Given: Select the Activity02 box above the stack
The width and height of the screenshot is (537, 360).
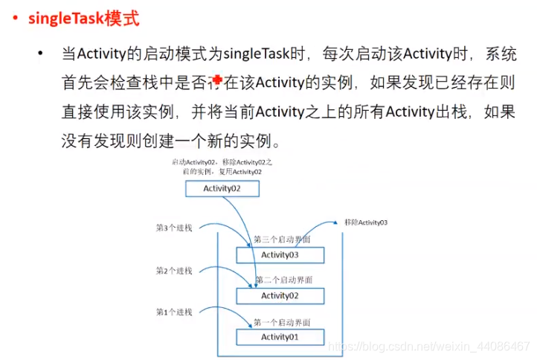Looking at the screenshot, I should pos(222,189).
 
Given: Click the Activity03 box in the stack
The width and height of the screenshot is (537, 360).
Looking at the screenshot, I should pos(280,255).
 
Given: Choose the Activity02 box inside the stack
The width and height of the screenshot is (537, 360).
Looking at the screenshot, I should pos(280,295).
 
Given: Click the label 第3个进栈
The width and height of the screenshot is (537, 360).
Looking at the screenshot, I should pos(174,228).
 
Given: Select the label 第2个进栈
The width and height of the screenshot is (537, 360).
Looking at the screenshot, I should pos(174,271).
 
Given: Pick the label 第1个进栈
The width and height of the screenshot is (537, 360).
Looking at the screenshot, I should pos(174,312).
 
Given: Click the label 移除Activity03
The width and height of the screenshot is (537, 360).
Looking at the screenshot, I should pos(365,222).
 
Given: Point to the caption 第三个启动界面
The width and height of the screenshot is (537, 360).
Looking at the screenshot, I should pos(282,240).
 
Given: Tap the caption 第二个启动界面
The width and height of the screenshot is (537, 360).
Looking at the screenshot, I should pos(283,280).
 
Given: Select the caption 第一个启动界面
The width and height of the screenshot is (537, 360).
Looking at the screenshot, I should pos(282,321).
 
